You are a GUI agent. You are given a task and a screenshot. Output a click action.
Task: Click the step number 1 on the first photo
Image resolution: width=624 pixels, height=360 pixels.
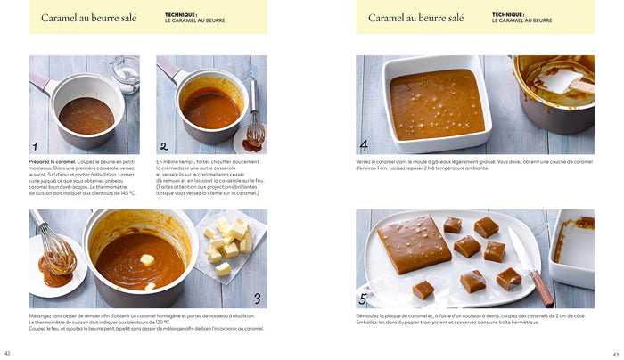pyautogui.click(x=36, y=146)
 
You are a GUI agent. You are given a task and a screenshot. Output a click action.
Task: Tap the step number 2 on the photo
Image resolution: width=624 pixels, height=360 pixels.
pyautogui.click(x=163, y=146)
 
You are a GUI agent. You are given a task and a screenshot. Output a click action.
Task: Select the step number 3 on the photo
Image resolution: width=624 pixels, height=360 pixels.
pyautogui.click(x=256, y=299)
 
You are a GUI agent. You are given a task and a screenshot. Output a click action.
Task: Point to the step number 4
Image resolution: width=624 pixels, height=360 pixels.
pyautogui.click(x=364, y=145)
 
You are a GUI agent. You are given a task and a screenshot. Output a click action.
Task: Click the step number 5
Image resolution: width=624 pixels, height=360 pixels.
pyautogui.click(x=364, y=299)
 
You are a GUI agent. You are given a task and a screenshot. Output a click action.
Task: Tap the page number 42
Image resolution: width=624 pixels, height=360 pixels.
pyautogui.click(x=8, y=353)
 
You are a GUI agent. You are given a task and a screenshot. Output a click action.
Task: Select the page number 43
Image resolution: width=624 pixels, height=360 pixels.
pyautogui.click(x=614, y=353)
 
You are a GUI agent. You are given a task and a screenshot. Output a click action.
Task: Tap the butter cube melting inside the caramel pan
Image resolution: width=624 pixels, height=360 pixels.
pyautogui.click(x=146, y=259)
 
